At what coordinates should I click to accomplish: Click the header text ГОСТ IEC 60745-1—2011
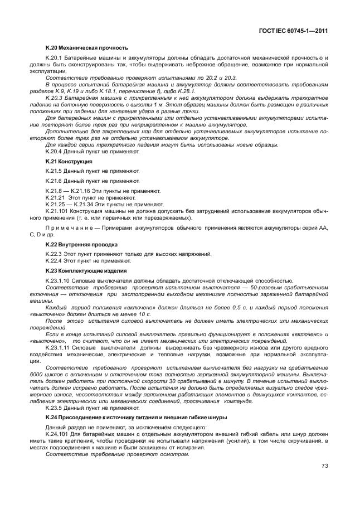294,31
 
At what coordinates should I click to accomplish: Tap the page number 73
324,466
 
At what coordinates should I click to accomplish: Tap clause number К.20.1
55,58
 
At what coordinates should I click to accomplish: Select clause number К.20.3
55,98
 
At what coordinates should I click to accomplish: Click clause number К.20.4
55,151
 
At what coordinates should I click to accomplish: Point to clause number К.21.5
55,171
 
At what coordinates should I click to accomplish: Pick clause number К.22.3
55,254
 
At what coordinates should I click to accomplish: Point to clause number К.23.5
55,408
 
